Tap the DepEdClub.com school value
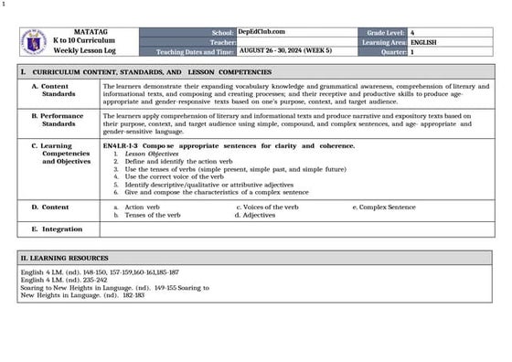[261, 32]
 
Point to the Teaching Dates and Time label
[196, 52]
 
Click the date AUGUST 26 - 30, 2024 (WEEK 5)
[284, 52]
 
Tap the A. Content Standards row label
[59, 90]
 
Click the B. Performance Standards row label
[59, 120]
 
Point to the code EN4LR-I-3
[120, 145]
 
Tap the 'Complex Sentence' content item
[387, 207]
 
